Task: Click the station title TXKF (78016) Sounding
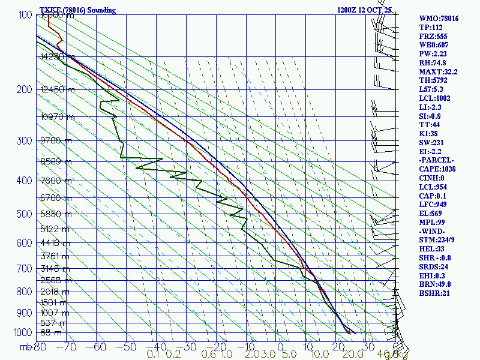click(x=77, y=10)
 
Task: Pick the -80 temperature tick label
click(x=39, y=346)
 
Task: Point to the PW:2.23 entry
click(x=434, y=54)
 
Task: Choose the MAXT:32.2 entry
click(x=438, y=72)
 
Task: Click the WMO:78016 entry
click(x=439, y=19)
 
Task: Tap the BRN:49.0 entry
click(x=435, y=284)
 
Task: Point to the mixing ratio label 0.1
click(x=154, y=355)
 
